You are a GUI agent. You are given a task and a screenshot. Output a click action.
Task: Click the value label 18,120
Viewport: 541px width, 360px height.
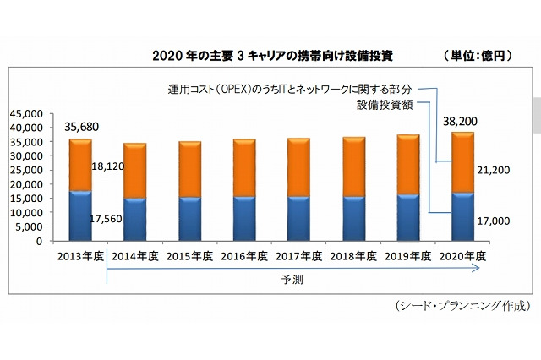coord(107,166)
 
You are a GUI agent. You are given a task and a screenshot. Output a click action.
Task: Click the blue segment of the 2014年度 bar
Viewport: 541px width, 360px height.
coord(135,220)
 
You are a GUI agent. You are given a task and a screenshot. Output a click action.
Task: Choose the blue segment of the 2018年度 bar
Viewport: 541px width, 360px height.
coord(353,219)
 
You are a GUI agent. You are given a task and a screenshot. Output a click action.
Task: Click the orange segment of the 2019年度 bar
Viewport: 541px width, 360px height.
coord(408,165)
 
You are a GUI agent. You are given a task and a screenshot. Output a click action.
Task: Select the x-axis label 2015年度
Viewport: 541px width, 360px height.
coord(189,255)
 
